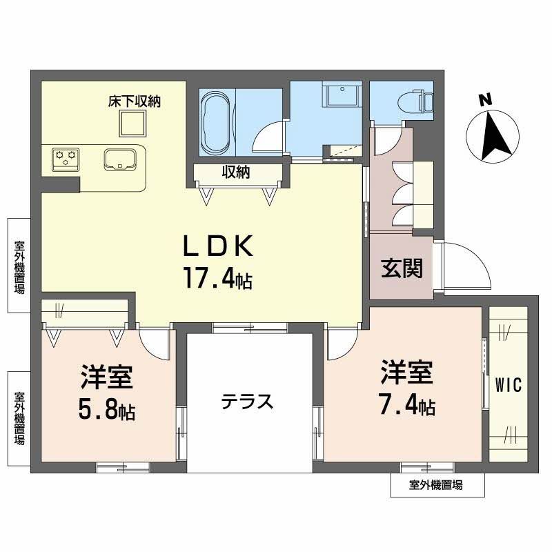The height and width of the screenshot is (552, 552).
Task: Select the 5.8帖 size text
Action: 106,411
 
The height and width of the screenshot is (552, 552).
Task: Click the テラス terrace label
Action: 248,401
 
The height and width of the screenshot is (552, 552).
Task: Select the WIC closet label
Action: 507,384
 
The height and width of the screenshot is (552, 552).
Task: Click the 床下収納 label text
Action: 134,101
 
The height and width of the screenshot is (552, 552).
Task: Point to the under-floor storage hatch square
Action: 134,124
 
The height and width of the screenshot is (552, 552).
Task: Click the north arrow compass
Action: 491,132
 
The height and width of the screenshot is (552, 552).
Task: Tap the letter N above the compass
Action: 486,99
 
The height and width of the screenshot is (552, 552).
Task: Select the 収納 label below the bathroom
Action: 235,172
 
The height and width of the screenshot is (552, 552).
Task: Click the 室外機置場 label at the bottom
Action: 436,486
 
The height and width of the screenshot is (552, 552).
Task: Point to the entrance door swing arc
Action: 469,266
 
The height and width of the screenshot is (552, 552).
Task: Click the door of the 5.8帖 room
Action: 153,342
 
